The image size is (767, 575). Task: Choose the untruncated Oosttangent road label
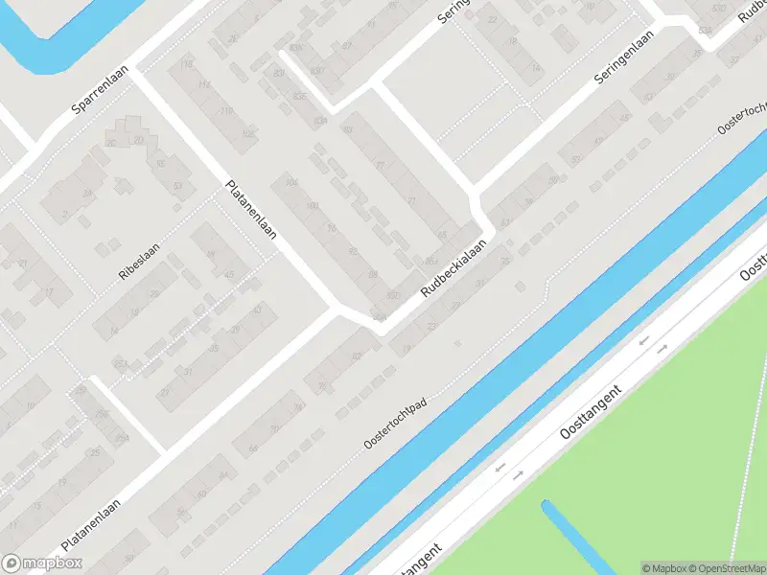coord(592,413)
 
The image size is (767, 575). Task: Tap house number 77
coord(381,165)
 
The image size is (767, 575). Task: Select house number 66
coord(442,234)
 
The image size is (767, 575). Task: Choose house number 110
coord(186,64)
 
